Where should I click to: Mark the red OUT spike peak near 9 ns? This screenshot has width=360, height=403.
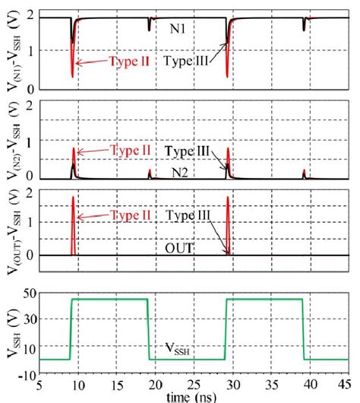[73, 196]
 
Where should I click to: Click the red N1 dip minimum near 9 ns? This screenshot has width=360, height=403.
[72, 76]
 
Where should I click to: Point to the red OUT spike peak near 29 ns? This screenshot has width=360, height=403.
[227, 196]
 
